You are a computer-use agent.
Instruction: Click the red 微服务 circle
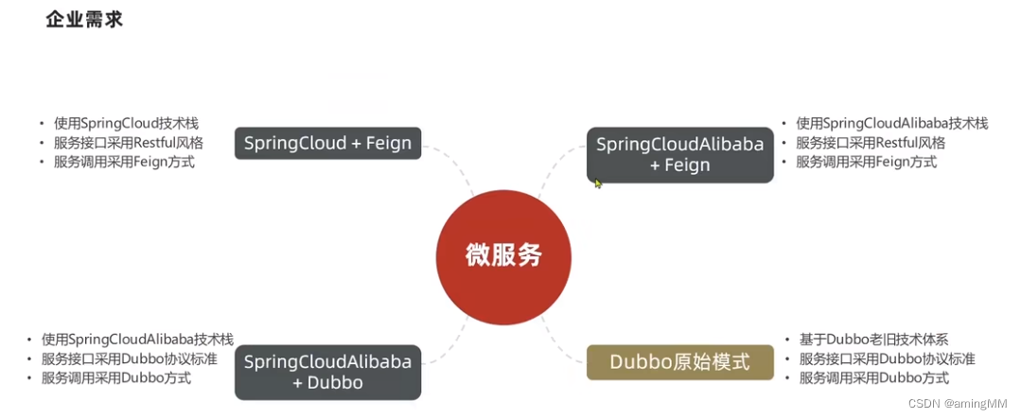[x=503, y=255]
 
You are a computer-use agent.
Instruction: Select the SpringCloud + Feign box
[x=327, y=144]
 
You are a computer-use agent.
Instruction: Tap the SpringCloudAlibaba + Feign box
[x=679, y=155]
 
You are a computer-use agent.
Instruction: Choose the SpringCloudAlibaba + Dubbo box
[x=327, y=372]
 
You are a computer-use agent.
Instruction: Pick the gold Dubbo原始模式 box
[x=679, y=361]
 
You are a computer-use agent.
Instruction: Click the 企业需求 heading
[x=84, y=20]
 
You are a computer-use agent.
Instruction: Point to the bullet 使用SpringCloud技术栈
[x=126, y=123]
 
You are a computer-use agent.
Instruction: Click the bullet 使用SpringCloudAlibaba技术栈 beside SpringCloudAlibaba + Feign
[x=891, y=123]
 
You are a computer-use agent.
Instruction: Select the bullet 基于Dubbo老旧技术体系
[x=873, y=339]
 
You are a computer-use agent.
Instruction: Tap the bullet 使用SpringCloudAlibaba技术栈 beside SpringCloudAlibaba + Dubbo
[x=137, y=339]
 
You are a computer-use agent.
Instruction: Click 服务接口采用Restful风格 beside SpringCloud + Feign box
[x=128, y=143]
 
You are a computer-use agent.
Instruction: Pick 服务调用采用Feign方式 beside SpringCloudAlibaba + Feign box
[x=866, y=162]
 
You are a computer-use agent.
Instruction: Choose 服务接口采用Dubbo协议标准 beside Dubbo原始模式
[x=887, y=358]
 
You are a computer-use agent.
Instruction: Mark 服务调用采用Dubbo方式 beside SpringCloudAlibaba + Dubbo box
[x=115, y=377]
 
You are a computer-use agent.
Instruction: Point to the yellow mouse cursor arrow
[x=598, y=183]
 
